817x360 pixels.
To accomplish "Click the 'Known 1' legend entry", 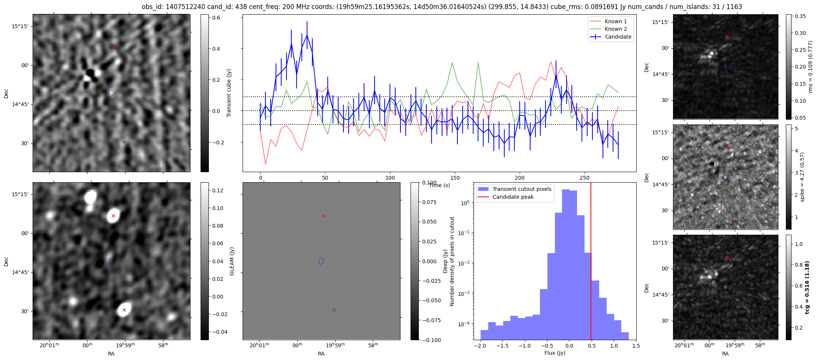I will click(x=616, y=21).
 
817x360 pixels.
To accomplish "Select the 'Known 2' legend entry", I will click(x=616, y=29).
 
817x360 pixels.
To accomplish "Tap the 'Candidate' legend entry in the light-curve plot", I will click(x=618, y=37).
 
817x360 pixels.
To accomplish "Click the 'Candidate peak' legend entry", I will click(x=513, y=197).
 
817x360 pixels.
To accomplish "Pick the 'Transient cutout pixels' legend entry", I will click(x=522, y=189).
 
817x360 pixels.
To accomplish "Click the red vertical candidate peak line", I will click(x=591, y=262).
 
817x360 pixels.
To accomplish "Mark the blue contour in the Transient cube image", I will click(x=111, y=93).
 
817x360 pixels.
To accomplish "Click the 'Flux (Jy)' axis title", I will click(x=555, y=353).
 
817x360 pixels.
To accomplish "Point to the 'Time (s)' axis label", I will click(x=439, y=185).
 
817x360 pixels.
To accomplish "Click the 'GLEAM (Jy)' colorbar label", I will click(x=232, y=261).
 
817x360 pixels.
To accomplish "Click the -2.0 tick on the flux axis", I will click(x=480, y=346).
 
